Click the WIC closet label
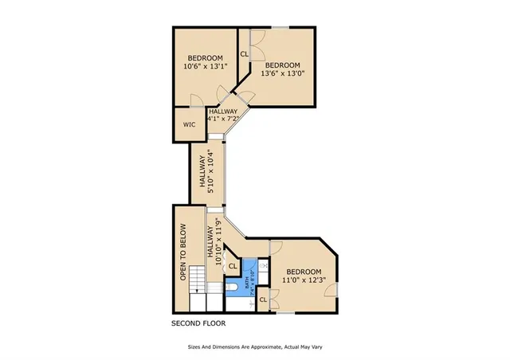(189, 125)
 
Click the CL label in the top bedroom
(244, 54)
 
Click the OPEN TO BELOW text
(182, 252)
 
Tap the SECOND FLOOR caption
(199, 324)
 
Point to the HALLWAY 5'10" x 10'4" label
(207, 171)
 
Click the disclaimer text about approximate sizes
(255, 347)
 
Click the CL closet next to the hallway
(233, 266)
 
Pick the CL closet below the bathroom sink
(263, 299)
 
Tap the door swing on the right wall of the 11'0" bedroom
(329, 290)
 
